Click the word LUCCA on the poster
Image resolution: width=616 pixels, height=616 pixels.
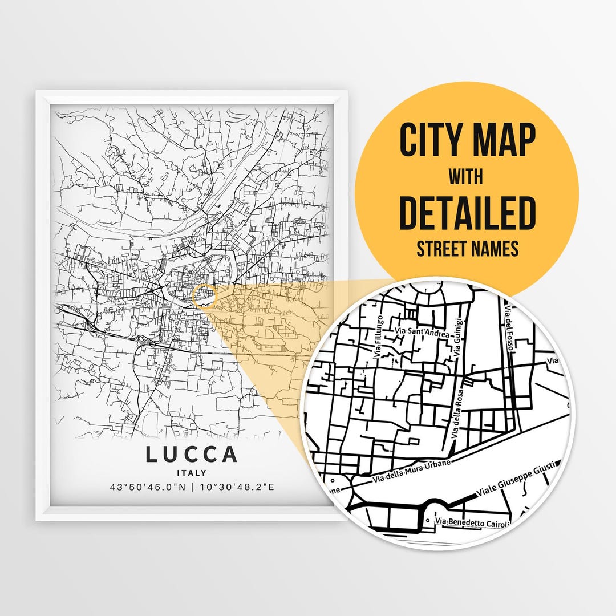click(x=191, y=455)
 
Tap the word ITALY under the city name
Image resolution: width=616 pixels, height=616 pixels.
click(x=191, y=473)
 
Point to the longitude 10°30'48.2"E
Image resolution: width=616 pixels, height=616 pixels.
click(x=236, y=487)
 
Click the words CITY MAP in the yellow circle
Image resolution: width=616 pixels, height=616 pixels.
click(x=468, y=140)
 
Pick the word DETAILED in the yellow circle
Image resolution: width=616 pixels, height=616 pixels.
click(x=468, y=212)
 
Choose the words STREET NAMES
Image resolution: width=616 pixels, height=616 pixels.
click(x=468, y=249)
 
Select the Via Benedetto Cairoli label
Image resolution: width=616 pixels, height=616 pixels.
click(x=471, y=521)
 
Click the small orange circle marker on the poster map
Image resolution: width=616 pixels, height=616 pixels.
click(x=204, y=297)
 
